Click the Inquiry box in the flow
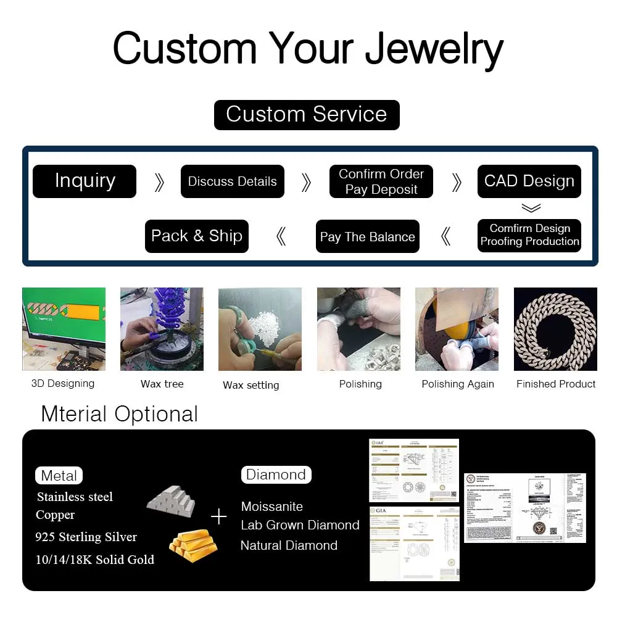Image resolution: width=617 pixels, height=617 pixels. click(85, 181)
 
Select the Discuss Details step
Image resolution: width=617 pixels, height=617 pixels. click(232, 181)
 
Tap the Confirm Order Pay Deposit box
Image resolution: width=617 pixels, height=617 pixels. click(381, 181)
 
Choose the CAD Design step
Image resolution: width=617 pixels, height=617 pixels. click(529, 181)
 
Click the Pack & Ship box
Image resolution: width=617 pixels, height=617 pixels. click(196, 236)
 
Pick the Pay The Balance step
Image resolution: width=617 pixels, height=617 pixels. click(367, 237)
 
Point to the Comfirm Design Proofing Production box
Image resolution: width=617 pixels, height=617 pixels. click(529, 236)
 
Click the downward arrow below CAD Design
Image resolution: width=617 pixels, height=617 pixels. click(531, 209)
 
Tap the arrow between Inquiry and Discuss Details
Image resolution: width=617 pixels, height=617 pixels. click(159, 182)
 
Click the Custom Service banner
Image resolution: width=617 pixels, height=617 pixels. click(307, 115)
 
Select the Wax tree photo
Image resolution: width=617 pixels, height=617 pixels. click(162, 329)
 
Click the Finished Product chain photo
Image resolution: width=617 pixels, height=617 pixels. click(555, 329)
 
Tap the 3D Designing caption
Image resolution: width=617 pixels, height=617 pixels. click(63, 384)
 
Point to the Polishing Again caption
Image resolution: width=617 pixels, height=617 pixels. click(458, 384)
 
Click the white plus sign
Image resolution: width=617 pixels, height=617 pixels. click(219, 516)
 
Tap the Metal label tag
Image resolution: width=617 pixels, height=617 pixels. click(59, 476)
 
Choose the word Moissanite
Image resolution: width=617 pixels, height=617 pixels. click(272, 507)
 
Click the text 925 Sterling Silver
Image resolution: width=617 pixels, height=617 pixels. click(86, 537)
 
